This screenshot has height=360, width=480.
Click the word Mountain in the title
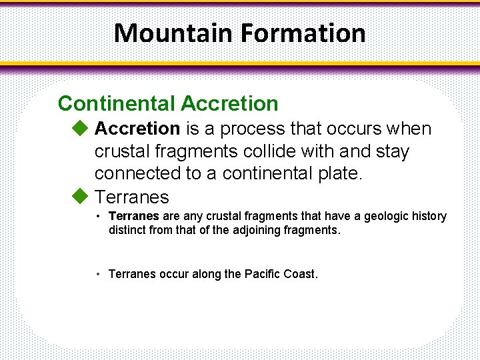pyautogui.click(x=171, y=33)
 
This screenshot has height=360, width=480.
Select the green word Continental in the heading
pyautogui.click(x=116, y=103)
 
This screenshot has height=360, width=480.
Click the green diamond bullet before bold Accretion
pyautogui.click(x=80, y=127)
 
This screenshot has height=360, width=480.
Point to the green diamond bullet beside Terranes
pyautogui.click(x=80, y=197)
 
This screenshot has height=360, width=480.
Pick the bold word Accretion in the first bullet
pyautogui.click(x=137, y=128)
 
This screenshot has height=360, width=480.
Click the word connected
pyautogui.click(x=137, y=173)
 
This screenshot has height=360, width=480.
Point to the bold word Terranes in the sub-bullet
pyautogui.click(x=133, y=217)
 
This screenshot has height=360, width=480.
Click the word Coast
pyautogui.click(x=301, y=274)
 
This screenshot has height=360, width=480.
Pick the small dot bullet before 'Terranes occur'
pyautogui.click(x=98, y=274)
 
